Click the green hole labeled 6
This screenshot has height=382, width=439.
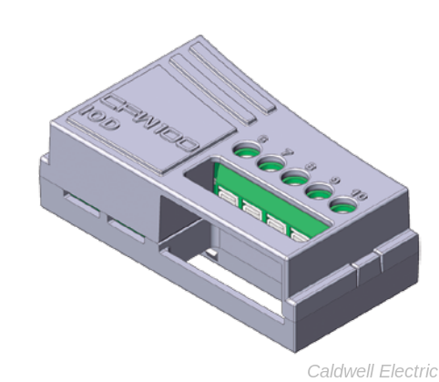[245, 150]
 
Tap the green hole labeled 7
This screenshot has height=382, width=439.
[270, 163]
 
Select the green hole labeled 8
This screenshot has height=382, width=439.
[293, 177]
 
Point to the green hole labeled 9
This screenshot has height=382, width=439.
[317, 191]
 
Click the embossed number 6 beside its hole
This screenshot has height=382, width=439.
[264, 137]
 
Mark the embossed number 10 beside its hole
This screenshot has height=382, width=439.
[361, 194]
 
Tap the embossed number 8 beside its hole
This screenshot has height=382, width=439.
[311, 166]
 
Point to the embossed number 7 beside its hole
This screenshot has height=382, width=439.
[288, 151]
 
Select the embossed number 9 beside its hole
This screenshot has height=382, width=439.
[335, 180]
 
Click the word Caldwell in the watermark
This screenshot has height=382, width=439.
[338, 370]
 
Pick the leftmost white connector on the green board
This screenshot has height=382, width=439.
[225, 201]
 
